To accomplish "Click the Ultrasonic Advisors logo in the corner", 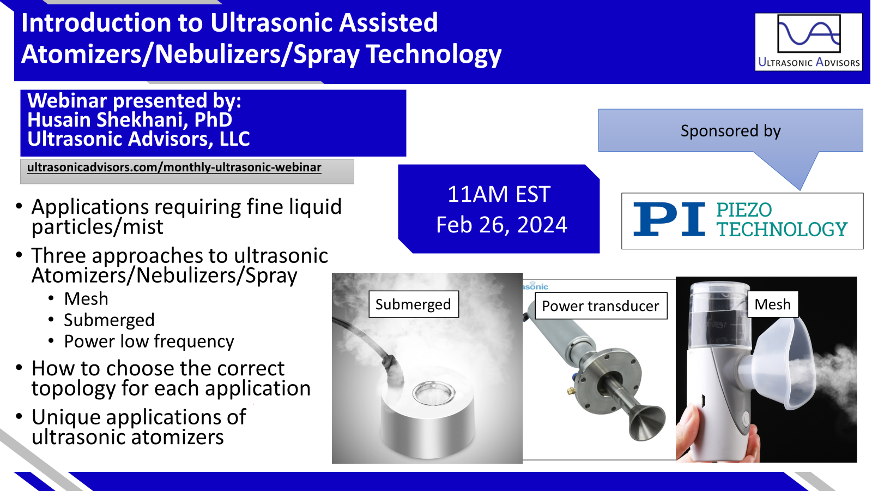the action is pos(809,41).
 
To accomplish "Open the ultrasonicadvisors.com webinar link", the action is pos(174,167).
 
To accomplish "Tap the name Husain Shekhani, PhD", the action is pos(130,119).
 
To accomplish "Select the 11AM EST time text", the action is pos(499,194).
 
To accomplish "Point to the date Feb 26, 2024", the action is pos(501,225).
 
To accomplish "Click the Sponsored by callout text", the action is pos(730,130).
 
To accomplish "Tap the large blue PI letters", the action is pos(669,219).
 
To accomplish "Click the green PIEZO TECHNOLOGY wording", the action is pos(782,220).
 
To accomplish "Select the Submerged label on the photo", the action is pos(414,304).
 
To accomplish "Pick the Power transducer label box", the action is pos(601,306).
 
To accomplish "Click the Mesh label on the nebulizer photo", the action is pos(773,304).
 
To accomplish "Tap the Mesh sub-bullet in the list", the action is pos(86,299).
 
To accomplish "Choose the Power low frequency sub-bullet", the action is pos(149,342).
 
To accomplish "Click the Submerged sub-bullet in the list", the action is pos(110,320).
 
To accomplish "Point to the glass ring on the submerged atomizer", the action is pos(433,393).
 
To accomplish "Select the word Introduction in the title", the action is pos(96,22).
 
